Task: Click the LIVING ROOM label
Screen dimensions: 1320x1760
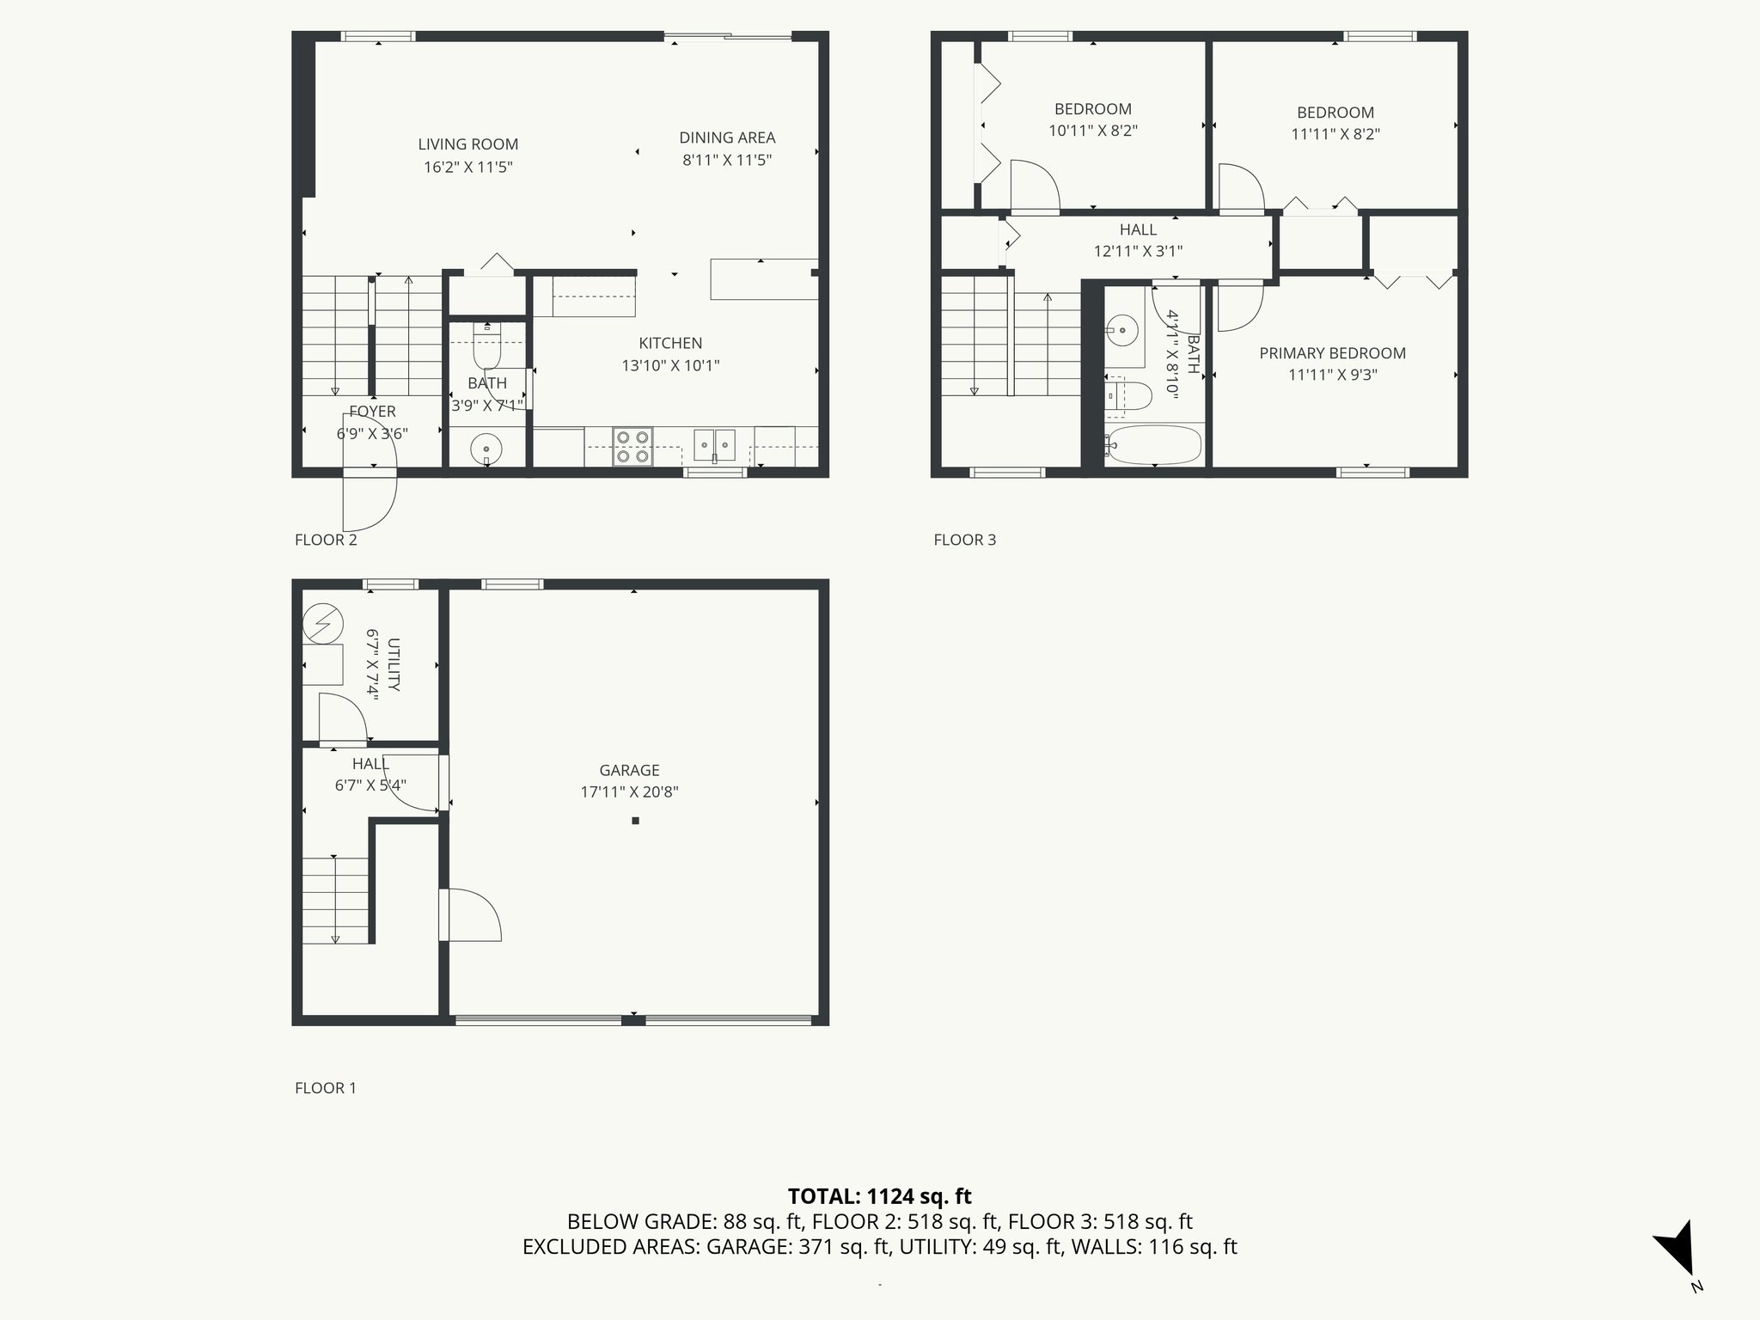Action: [x=468, y=144]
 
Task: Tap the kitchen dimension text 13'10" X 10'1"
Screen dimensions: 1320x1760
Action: [x=670, y=365]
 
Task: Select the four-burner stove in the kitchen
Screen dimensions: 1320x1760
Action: [x=633, y=447]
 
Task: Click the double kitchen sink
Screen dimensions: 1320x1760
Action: [x=715, y=444]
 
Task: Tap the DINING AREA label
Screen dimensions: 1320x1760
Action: [x=727, y=137]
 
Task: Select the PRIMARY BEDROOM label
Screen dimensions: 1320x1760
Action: [x=1332, y=353]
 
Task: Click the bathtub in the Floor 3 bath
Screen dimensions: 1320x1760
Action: [x=1154, y=444]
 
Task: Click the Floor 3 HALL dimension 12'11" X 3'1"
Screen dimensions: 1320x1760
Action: [x=1138, y=251]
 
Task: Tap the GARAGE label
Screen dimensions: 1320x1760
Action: [x=629, y=771]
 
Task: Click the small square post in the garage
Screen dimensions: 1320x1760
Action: [x=636, y=821]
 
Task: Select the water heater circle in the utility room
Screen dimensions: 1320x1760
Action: [x=323, y=624]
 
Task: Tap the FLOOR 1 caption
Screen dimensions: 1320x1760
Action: [x=325, y=1088]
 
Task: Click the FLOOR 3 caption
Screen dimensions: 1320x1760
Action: [x=964, y=540]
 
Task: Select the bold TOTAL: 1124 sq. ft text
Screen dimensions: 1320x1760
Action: [x=879, y=1196]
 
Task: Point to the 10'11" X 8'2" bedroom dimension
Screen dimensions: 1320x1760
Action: [x=1093, y=131]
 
